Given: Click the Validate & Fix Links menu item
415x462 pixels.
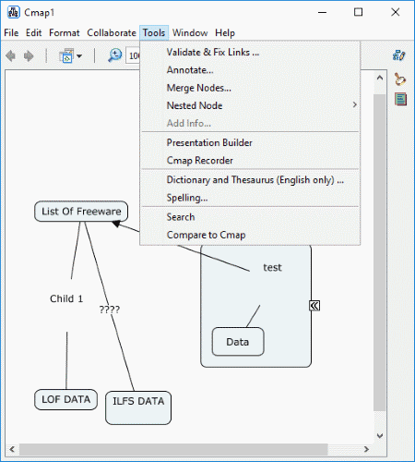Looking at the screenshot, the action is tap(213, 53).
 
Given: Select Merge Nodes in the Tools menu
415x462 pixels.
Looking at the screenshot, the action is tap(199, 88).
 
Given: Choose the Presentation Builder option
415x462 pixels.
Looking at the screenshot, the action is tap(209, 142).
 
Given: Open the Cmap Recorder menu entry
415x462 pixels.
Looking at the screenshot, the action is tap(200, 161).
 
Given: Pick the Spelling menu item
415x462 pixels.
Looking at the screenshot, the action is tap(187, 198).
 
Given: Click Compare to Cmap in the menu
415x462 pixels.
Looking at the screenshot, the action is tap(206, 235).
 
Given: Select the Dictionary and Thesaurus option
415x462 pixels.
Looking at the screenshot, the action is tap(255, 180).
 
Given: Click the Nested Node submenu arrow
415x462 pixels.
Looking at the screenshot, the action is tap(355, 105).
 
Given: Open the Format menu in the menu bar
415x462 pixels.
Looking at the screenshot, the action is tap(65, 32).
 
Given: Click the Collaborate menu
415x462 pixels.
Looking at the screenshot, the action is tap(112, 32).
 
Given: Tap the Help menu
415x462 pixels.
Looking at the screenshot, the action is tap(225, 32).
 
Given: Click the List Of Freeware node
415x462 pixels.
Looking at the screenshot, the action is tap(81, 212).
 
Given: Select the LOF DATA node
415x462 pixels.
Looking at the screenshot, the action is tap(66, 399).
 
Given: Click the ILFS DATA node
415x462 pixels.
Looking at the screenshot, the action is tap(138, 407).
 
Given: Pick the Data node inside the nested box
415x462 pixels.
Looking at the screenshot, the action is tap(238, 342).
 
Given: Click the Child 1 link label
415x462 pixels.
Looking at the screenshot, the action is tap(66, 298).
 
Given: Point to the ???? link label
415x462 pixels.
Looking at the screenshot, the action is tap(110, 310).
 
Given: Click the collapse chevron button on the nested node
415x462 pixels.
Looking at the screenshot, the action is tap(314, 306).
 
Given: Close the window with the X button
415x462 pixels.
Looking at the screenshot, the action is tap(396, 12).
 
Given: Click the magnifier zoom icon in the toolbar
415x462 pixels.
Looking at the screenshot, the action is tap(115, 55).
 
